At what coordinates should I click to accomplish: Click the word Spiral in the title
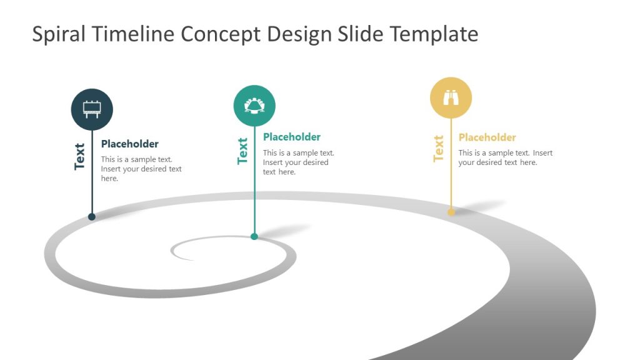tap(59, 34)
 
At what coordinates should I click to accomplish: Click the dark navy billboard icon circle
tap(92, 109)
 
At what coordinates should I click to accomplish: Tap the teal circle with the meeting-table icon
tap(254, 106)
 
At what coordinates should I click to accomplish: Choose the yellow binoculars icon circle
tap(451, 97)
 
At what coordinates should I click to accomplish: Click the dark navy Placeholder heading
tap(130, 144)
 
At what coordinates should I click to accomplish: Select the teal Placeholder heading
tap(292, 137)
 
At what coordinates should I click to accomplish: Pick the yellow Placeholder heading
tap(487, 137)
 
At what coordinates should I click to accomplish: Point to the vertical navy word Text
tap(79, 156)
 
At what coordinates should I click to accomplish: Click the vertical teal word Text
tap(242, 151)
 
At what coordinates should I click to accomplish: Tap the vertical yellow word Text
tap(438, 149)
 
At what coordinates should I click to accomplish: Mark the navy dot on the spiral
tap(92, 217)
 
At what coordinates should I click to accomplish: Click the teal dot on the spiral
tap(254, 236)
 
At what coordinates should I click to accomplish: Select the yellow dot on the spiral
tap(451, 212)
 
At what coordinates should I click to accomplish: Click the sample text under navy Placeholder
tap(141, 169)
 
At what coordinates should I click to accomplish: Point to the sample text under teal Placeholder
tap(298, 162)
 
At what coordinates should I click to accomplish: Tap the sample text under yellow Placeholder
tap(505, 157)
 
